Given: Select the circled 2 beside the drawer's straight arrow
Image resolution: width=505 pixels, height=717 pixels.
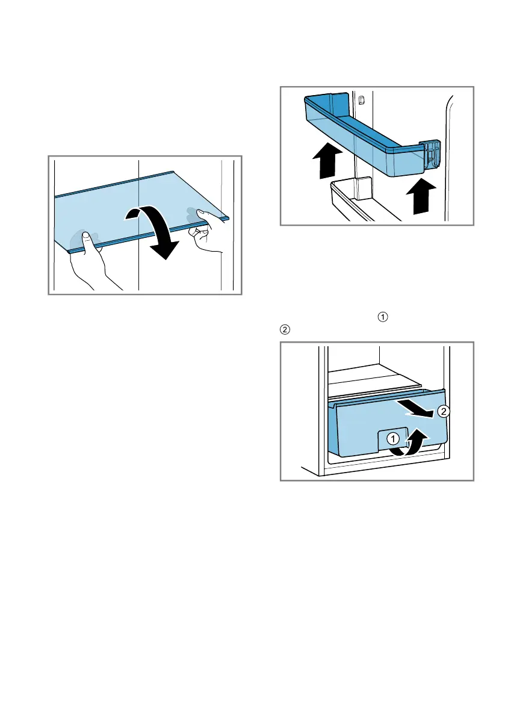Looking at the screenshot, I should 443,412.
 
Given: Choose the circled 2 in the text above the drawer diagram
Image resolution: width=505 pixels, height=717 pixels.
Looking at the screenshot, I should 285,330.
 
